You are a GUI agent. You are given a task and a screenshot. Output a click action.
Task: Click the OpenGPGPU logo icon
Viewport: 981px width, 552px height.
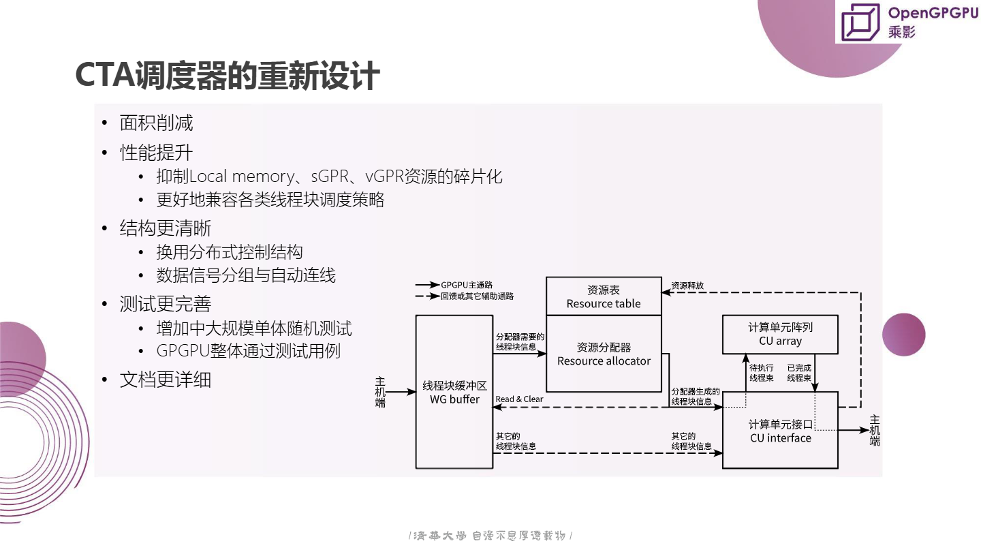tap(861, 22)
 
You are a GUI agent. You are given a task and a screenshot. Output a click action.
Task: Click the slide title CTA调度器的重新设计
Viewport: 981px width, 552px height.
tap(227, 76)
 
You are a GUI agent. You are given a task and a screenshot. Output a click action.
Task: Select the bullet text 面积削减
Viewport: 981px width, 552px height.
tap(156, 123)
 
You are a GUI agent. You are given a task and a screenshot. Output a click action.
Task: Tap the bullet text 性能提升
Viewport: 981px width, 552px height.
tap(156, 152)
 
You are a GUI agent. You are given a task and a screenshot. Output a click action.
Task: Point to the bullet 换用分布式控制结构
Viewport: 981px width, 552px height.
tap(230, 252)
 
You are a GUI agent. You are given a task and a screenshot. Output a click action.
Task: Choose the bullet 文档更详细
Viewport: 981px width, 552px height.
tap(166, 380)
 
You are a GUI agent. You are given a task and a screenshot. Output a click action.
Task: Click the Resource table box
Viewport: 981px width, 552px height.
tap(604, 296)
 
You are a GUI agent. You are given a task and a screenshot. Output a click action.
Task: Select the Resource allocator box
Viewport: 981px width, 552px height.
tap(604, 354)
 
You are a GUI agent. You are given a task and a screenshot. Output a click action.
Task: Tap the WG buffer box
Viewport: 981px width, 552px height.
tap(454, 392)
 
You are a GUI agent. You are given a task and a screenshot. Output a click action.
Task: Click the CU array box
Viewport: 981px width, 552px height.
tap(780, 334)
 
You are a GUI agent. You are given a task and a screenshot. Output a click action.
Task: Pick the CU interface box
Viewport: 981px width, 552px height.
tap(780, 431)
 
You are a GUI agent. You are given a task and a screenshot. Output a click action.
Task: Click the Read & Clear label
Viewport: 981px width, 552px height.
tap(519, 399)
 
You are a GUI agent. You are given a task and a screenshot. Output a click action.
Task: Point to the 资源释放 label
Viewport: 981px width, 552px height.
tap(687, 286)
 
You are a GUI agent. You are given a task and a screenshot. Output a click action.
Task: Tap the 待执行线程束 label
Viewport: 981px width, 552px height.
tap(761, 373)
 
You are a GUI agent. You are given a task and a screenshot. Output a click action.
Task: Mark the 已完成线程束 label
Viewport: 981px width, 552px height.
tap(799, 373)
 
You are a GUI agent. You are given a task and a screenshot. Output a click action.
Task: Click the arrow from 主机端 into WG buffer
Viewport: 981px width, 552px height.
tap(402, 392)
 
